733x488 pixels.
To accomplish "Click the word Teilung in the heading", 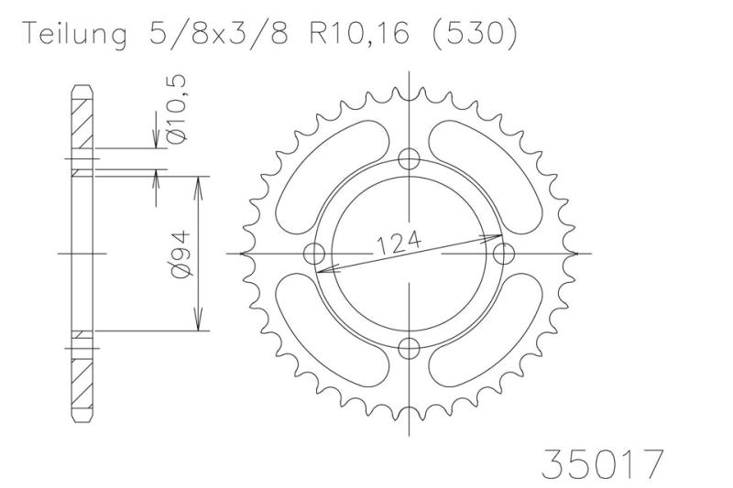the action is [75, 34].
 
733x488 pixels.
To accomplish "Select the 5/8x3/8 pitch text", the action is [218, 33].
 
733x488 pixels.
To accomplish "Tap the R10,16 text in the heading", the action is [359, 34].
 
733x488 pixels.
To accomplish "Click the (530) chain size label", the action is [475, 33].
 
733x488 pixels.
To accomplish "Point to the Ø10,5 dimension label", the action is [178, 109].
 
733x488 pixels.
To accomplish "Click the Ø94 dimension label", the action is [181, 254].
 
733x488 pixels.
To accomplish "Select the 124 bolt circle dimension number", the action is [399, 243].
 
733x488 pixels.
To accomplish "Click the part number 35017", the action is [602, 463].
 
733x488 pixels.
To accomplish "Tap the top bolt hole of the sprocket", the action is [409, 159].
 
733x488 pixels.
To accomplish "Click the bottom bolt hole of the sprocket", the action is [409, 348].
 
